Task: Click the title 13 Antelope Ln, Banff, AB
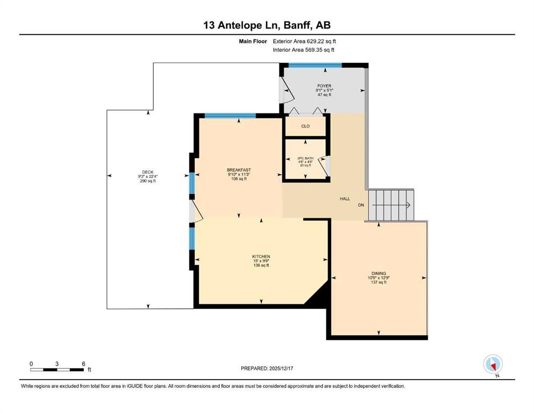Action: [267, 25]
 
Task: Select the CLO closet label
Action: [305, 127]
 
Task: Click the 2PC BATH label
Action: [304, 159]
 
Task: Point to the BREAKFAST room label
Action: [239, 170]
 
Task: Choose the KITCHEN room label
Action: [261, 257]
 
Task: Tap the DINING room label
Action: [378, 274]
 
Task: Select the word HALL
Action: [345, 199]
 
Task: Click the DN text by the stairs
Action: [361, 205]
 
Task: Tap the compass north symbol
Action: [493, 364]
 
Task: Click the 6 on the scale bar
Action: [83, 364]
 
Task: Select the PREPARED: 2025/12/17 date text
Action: [267, 368]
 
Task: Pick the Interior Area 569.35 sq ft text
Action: [303, 49]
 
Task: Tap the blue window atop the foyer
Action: [315, 65]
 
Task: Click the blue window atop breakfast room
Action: [230, 116]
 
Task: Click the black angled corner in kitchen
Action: [318, 296]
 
